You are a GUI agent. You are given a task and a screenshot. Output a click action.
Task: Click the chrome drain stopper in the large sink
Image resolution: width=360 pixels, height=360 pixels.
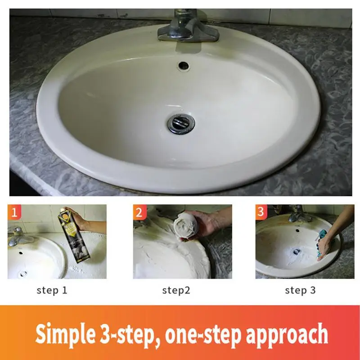(181, 124)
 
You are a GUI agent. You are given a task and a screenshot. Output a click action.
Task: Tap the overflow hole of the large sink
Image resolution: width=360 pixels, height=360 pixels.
(184, 66)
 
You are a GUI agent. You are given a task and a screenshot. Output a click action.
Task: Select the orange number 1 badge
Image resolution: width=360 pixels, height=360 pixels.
(14, 212)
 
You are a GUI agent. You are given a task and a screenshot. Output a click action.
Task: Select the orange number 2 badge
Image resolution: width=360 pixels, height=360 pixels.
(139, 212)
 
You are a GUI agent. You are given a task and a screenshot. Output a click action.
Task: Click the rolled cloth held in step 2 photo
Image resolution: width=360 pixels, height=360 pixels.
(186, 227)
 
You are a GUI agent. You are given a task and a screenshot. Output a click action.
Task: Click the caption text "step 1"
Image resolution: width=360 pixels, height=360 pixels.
(52, 290)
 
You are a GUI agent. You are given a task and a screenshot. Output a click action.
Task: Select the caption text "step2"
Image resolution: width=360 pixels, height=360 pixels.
(176, 291)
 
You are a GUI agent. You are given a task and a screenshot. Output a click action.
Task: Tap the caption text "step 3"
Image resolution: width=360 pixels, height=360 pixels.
(300, 290)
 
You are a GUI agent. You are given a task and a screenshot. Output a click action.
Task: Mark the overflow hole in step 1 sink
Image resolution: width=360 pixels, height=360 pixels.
(21, 253)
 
